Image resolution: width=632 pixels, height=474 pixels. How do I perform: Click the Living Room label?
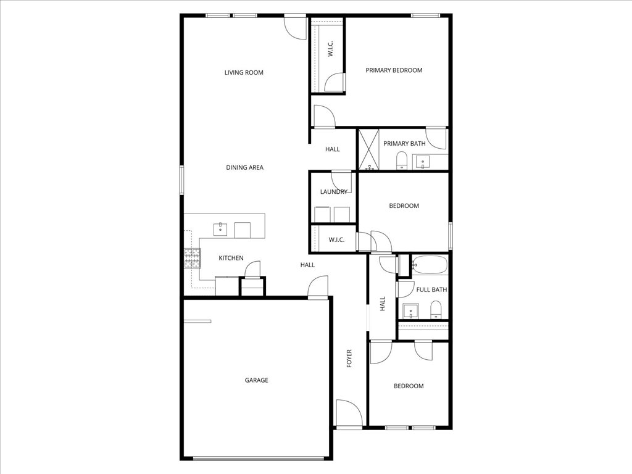pyautogui.click(x=244, y=73)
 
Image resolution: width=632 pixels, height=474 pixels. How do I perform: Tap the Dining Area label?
pyautogui.click(x=244, y=167)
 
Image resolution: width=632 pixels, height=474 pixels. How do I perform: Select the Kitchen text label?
pyautogui.click(x=231, y=258)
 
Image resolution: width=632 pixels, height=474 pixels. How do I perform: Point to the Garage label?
pyautogui.click(x=257, y=380)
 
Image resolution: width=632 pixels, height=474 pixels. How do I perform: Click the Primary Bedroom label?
pyautogui.click(x=394, y=70)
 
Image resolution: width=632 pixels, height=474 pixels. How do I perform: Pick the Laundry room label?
pyautogui.click(x=333, y=192)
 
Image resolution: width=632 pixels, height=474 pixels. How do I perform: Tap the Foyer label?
pyautogui.click(x=349, y=359)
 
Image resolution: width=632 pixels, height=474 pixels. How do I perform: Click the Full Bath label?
pyautogui.click(x=431, y=289)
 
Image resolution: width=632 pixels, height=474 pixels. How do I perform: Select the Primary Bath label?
pyautogui.click(x=404, y=144)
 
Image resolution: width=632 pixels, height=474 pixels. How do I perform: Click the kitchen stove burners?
pyautogui.click(x=192, y=259)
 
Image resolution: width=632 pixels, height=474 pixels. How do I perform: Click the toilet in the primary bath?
pyautogui.click(x=402, y=160)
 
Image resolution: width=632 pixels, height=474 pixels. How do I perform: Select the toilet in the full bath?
pyautogui.click(x=436, y=309)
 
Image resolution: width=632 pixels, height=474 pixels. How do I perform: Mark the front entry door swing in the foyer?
pyautogui.click(x=347, y=412)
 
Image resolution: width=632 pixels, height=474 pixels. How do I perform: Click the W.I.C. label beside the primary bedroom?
pyautogui.click(x=331, y=50)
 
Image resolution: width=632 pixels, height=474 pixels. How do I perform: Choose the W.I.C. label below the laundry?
pyautogui.click(x=336, y=239)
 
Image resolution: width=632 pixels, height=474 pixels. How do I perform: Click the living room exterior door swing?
pyautogui.click(x=295, y=26)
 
